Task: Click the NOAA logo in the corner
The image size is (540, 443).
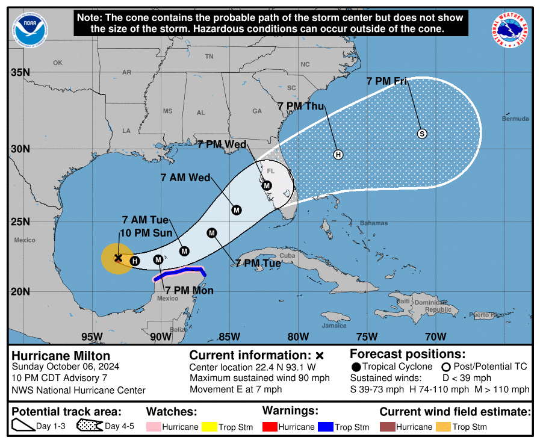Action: click(x=29, y=30)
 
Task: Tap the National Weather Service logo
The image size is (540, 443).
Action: click(x=511, y=30)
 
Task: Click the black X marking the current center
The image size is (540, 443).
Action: click(x=119, y=257)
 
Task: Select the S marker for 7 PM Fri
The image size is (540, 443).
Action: click(x=422, y=134)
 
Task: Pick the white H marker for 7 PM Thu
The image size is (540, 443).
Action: click(x=338, y=155)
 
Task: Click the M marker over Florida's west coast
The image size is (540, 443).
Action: click(x=267, y=185)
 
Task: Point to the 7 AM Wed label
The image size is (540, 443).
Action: click(x=185, y=178)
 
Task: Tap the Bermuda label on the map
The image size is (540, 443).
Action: click(x=515, y=119)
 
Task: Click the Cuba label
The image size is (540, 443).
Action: click(x=288, y=255)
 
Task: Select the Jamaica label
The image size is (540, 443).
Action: click(x=334, y=326)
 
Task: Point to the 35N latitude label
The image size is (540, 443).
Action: click(x=20, y=72)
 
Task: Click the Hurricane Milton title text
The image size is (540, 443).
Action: click(x=61, y=356)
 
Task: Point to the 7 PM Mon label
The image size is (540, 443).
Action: click(x=189, y=290)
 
